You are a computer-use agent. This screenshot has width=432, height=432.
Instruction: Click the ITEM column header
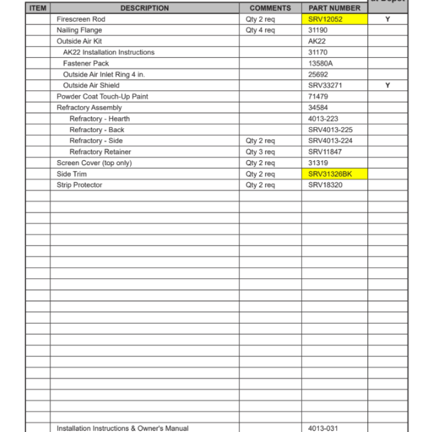[x=38, y=8]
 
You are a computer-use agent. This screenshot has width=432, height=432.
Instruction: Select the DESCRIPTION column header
[x=145, y=8]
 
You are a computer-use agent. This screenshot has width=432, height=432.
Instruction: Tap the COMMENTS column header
[x=270, y=8]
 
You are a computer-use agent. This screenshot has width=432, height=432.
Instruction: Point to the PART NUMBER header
[x=334, y=8]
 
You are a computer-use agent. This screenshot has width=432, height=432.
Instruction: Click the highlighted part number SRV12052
[x=325, y=19]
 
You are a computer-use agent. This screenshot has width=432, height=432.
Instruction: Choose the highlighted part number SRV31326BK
[x=330, y=174]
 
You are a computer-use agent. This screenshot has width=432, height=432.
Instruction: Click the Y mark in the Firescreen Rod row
[x=388, y=19]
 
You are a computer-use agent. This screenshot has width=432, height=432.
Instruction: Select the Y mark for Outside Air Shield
[x=388, y=86]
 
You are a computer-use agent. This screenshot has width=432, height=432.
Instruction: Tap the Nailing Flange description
[x=79, y=30]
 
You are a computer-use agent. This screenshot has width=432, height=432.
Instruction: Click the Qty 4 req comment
[x=260, y=30]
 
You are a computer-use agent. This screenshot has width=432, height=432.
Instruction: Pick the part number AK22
[x=317, y=41]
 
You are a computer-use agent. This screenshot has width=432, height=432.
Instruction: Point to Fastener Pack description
[x=86, y=64]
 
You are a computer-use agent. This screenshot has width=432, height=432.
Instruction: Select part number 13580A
[x=321, y=64]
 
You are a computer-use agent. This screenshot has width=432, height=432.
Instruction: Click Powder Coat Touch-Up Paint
[x=102, y=96]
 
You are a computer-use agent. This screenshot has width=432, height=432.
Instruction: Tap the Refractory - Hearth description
[x=99, y=119]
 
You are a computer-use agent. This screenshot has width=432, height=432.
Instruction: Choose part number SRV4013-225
[x=330, y=130]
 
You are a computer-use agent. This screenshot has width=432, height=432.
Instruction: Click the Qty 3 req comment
[x=260, y=152]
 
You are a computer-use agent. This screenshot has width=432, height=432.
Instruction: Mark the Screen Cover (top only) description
[x=94, y=163]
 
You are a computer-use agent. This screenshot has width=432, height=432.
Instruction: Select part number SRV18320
[x=325, y=185]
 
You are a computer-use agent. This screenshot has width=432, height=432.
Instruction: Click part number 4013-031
[x=323, y=428]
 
